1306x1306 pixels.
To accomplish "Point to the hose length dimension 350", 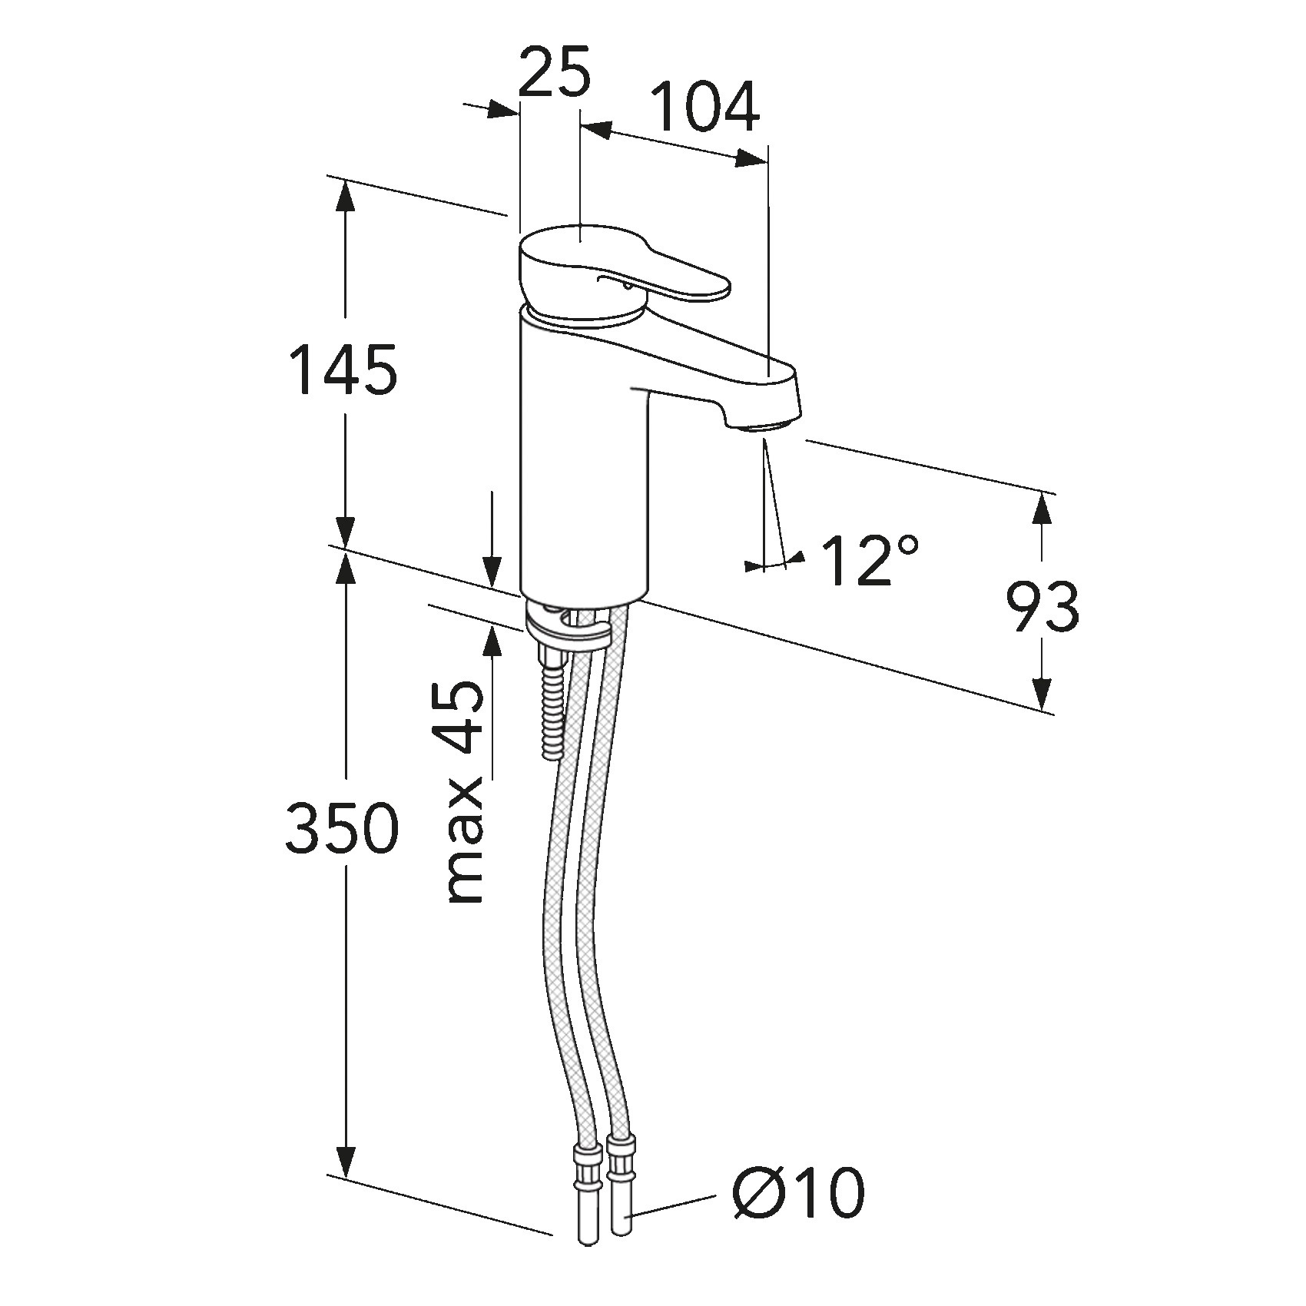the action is [x=342, y=828].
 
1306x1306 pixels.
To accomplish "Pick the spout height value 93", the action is [x=1042, y=607].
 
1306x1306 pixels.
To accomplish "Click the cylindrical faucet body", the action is [x=582, y=461].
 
